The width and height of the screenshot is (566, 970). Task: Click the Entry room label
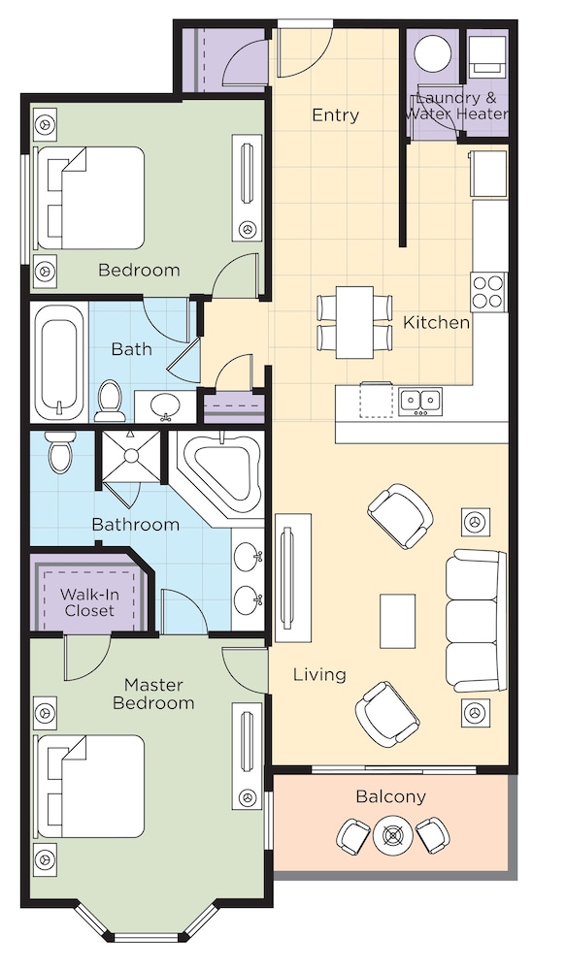pyautogui.click(x=335, y=115)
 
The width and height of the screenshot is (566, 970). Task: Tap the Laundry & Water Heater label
pyautogui.click(x=456, y=106)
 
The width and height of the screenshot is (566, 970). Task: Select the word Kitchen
pyautogui.click(x=436, y=322)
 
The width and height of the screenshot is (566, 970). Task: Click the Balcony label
pyautogui.click(x=390, y=796)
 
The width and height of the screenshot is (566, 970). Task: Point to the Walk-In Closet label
pyautogui.click(x=89, y=601)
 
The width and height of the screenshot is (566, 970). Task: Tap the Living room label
pyautogui.click(x=319, y=674)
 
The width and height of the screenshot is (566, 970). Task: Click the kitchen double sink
pyautogui.click(x=419, y=399)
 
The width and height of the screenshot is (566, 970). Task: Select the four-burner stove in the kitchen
pyautogui.click(x=488, y=290)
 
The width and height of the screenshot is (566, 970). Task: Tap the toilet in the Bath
pyautogui.click(x=109, y=398)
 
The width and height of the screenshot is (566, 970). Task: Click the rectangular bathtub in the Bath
pyautogui.click(x=60, y=362)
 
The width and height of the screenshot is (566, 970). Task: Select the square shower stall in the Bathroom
pyautogui.click(x=131, y=456)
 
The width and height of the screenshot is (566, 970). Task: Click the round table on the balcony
pyautogui.click(x=392, y=835)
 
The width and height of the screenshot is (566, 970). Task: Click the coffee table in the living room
pyautogui.click(x=398, y=621)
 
